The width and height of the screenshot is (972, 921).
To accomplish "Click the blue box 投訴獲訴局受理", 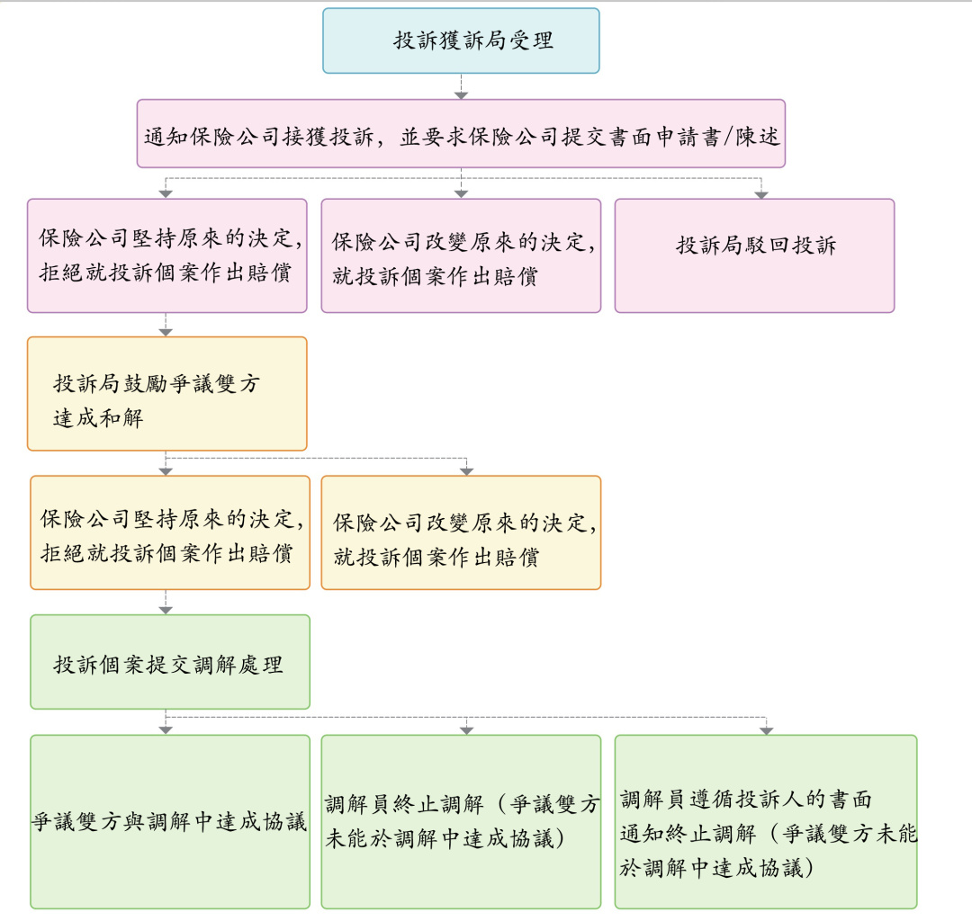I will click(461, 40).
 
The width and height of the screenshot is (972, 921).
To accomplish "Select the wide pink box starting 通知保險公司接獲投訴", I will click(461, 134).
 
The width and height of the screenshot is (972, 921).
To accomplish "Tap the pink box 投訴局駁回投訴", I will click(754, 255).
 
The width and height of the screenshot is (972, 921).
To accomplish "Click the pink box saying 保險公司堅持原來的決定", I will click(166, 255).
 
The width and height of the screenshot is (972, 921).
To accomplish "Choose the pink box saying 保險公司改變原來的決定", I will click(461, 255).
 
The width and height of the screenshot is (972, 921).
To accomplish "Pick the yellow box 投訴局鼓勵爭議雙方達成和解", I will click(166, 393).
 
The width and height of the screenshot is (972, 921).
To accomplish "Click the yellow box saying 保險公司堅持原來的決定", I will click(169, 532).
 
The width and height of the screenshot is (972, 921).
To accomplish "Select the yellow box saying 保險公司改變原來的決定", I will click(461, 532).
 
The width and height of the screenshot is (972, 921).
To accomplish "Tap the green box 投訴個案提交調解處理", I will click(169, 662).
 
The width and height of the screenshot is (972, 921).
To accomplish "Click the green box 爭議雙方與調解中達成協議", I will click(169, 821).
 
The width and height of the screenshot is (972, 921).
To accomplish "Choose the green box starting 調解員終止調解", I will click(461, 821).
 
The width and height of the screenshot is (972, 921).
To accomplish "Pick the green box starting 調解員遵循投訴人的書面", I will click(765, 821).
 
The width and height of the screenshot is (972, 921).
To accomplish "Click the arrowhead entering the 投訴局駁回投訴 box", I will click(761, 193).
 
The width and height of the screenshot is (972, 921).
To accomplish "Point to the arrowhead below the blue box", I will click(461, 94).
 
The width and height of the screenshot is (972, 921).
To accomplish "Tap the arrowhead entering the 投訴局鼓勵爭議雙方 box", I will click(166, 332).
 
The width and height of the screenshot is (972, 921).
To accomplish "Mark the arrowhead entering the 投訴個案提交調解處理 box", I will click(166, 610).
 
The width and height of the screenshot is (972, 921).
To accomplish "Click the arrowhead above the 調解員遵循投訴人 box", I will click(765, 729).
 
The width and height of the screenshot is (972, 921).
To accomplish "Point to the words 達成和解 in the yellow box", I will click(98, 418).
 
